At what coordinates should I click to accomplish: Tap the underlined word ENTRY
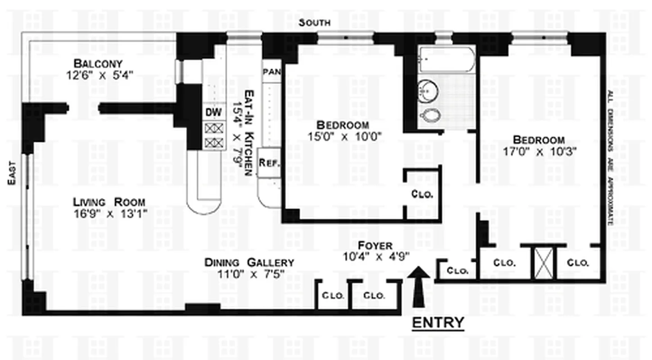click(438, 323)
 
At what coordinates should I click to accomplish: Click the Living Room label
click(109, 202)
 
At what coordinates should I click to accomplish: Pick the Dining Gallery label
click(249, 262)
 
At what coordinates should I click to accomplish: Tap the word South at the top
click(315, 22)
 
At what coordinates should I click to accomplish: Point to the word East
click(12, 173)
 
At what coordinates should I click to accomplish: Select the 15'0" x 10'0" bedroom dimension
click(342, 136)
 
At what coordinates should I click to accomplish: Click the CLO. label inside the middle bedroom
click(422, 195)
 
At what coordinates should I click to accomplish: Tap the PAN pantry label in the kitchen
click(271, 71)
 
